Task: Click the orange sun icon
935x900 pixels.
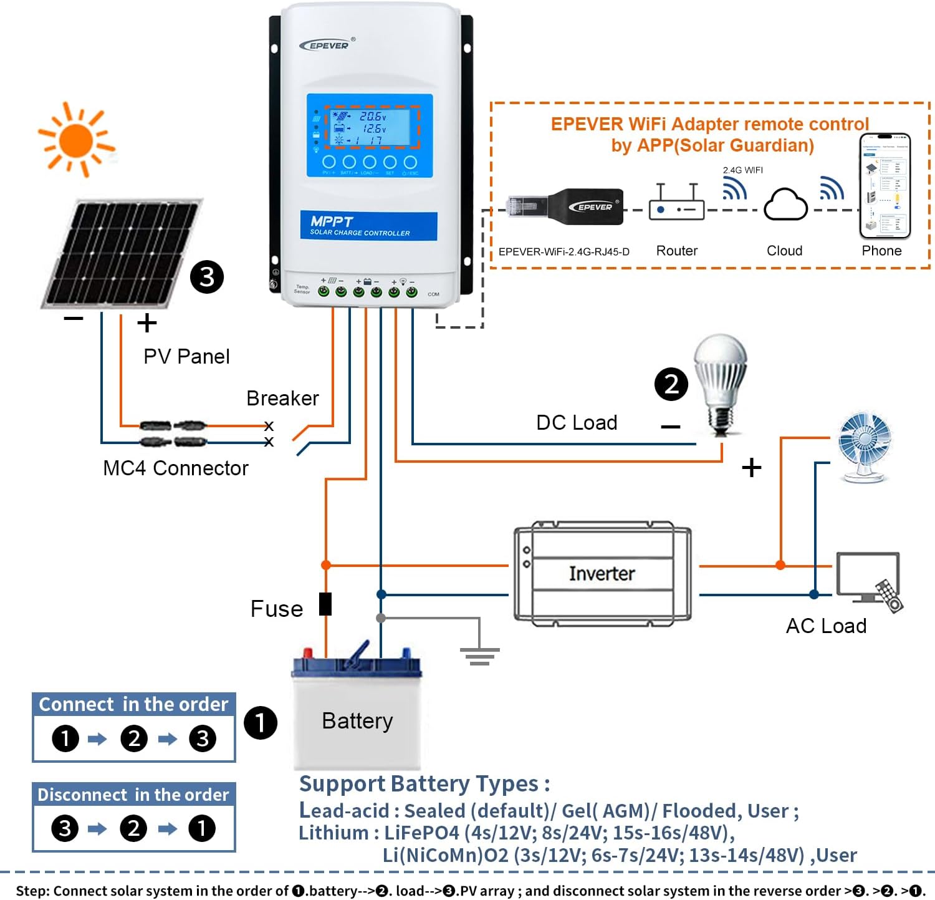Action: point(76,140)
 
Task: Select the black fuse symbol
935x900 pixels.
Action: point(325,604)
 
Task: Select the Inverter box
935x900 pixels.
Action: point(602,574)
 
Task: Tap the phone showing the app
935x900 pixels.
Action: point(885,186)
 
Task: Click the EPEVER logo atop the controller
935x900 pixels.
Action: point(326,45)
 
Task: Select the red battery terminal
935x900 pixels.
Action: point(307,653)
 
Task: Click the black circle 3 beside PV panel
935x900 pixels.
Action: point(207,277)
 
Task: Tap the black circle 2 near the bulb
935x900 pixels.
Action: point(671,384)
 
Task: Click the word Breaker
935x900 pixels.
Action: point(282,398)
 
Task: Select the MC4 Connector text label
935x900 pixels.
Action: point(175,468)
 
